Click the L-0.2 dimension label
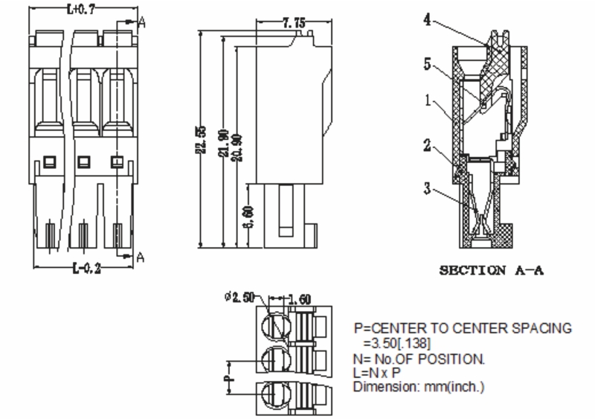(x=88, y=269)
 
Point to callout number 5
(x=428, y=65)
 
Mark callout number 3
(x=428, y=188)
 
